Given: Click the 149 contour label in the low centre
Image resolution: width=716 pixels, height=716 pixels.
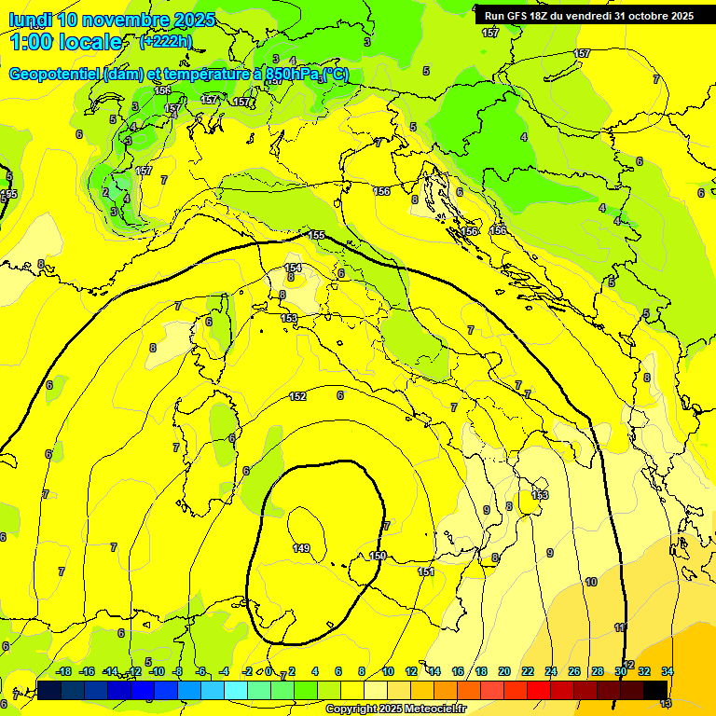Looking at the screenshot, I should [x=301, y=548].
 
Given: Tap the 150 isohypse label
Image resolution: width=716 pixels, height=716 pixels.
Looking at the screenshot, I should [x=378, y=556].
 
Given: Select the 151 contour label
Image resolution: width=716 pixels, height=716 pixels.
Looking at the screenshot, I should [x=425, y=571].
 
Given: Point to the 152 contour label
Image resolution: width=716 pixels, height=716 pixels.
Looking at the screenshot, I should [x=297, y=397].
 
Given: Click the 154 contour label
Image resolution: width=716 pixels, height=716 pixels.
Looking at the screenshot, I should [x=293, y=268].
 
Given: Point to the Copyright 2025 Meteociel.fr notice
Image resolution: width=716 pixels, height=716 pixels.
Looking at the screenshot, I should [x=395, y=709].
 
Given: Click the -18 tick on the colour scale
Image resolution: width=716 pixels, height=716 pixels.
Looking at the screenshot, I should [x=63, y=671].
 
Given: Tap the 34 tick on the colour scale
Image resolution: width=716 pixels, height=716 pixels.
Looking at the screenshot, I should [x=668, y=671].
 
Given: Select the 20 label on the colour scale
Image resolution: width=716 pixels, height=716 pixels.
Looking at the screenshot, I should [x=503, y=671].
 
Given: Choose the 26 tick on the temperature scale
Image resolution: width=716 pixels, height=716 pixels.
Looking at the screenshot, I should [x=573, y=671].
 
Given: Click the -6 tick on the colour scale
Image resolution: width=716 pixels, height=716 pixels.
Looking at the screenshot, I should [x=201, y=671].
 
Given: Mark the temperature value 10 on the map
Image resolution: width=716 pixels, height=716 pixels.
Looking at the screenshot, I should [x=590, y=582].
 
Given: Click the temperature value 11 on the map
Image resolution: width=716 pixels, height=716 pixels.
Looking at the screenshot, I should [x=620, y=627].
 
